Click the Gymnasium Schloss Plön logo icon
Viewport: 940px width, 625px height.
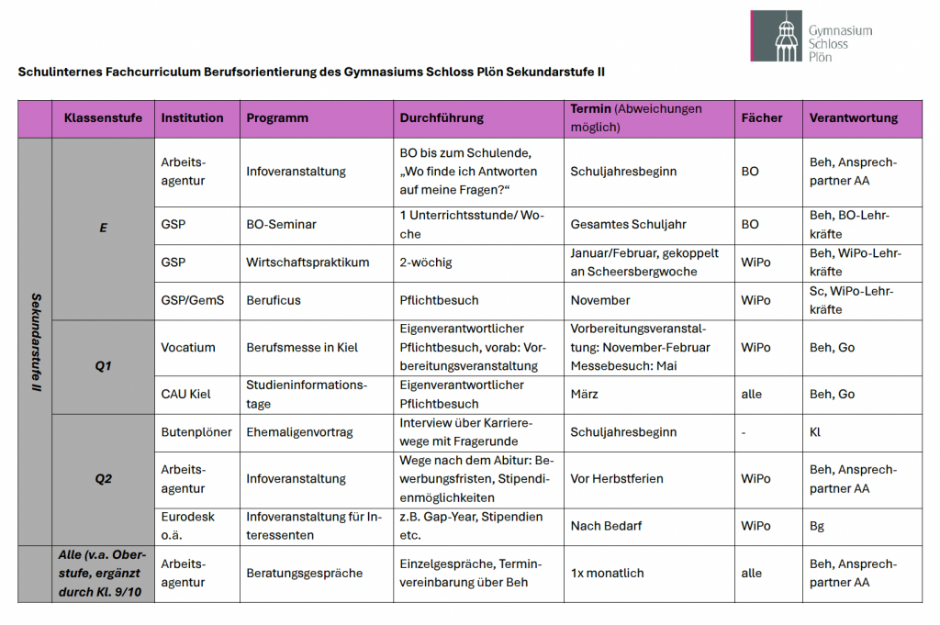click(x=777, y=37)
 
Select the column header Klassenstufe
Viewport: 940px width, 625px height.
click(x=103, y=118)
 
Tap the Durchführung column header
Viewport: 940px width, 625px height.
click(x=441, y=118)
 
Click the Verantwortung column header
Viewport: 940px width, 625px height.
click(x=853, y=118)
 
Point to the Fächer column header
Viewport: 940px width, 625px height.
click(x=762, y=118)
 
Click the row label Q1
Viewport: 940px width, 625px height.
click(x=103, y=366)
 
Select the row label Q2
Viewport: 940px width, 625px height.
click(x=103, y=478)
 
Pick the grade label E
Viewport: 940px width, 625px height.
click(x=103, y=229)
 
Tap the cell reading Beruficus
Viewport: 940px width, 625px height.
click(x=274, y=300)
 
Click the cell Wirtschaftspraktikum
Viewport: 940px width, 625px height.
click(x=308, y=262)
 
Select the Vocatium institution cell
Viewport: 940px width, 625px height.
click(x=188, y=348)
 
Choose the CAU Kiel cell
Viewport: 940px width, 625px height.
click(x=185, y=394)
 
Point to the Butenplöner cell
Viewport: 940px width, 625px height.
click(x=196, y=432)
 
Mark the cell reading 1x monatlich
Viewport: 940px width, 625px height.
click(x=607, y=574)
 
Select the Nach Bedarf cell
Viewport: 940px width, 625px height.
click(x=606, y=526)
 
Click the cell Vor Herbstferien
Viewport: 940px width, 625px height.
click(x=616, y=478)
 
